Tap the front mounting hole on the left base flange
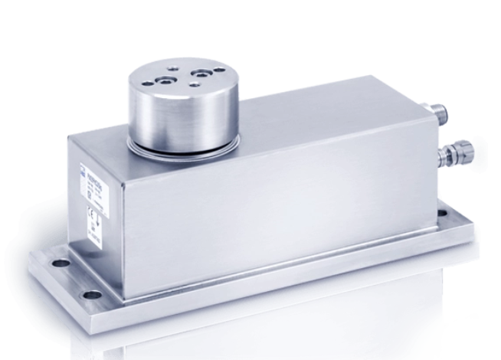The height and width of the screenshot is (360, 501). tap(92, 294)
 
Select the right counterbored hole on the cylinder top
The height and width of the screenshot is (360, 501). tap(201, 74)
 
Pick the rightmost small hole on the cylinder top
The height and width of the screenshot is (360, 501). tap(221, 71)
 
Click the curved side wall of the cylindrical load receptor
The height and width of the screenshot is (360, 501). tap(184, 115)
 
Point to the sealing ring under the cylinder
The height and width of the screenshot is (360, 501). tap(184, 143)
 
